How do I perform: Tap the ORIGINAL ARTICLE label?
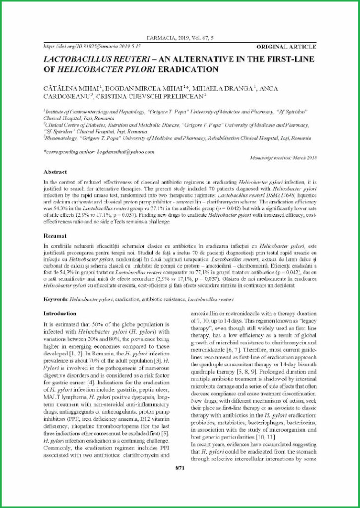click(x=286, y=47)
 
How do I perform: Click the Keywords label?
click(x=56, y=300)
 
